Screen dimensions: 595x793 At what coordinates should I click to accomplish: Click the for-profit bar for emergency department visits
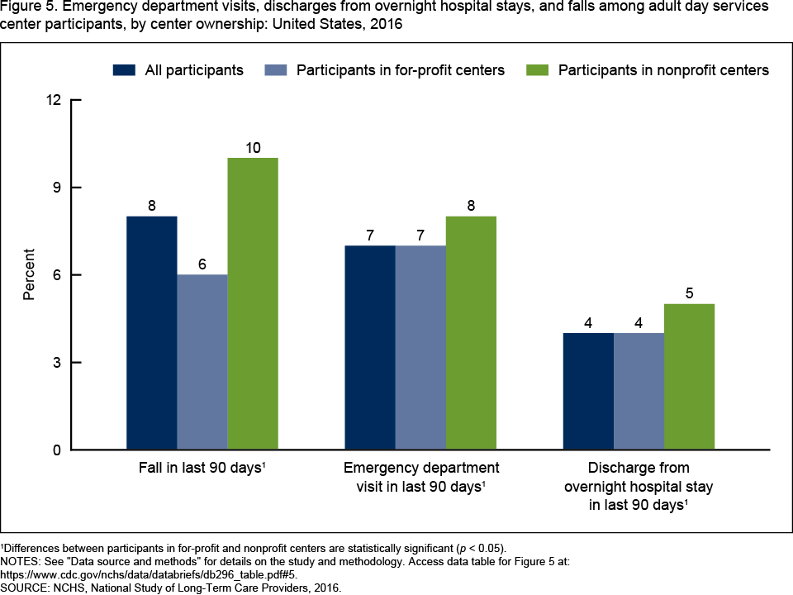[420, 347]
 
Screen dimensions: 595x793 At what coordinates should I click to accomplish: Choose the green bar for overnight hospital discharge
[689, 376]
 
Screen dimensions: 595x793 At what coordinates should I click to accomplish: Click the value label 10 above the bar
[253, 148]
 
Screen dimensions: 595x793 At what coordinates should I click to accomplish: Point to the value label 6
[202, 264]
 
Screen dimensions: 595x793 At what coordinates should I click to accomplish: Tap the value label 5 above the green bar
[689, 294]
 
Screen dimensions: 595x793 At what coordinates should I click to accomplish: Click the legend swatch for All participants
[124, 70]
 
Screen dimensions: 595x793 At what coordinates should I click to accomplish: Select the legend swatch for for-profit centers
[274, 70]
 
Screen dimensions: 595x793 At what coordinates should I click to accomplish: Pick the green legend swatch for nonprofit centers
[537, 70]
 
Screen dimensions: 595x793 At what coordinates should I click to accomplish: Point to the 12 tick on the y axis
[54, 100]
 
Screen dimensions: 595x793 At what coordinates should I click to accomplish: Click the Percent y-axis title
[29, 274]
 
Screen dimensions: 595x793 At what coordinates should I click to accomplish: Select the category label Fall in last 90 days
[202, 469]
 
